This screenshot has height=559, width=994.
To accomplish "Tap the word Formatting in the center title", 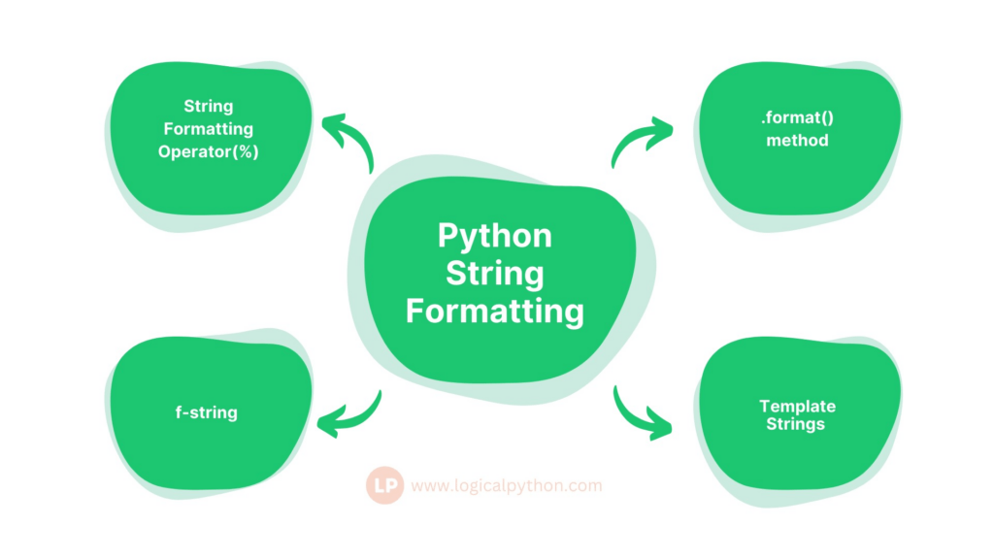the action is click(x=494, y=312).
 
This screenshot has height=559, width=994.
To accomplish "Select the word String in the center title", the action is click(x=494, y=275).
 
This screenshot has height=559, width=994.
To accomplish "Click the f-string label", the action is click(x=207, y=412).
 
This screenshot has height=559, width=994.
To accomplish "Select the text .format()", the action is click(x=798, y=117).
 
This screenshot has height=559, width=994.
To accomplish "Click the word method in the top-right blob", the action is click(x=798, y=140).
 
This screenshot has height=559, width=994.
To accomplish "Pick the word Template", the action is click(x=798, y=407).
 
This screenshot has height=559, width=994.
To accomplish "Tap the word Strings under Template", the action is click(x=796, y=424).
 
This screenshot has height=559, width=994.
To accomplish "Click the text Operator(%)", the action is click(x=209, y=152).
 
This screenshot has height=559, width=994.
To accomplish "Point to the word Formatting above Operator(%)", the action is click(x=209, y=129).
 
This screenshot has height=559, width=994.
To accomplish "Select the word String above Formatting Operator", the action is click(x=209, y=106).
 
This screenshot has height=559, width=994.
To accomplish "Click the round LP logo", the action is click(x=384, y=485).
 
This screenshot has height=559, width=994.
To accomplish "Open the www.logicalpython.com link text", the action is click(x=507, y=486).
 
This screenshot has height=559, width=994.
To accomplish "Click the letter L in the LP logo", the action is click(x=380, y=486).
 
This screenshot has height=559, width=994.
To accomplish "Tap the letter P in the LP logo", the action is click(x=392, y=486).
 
